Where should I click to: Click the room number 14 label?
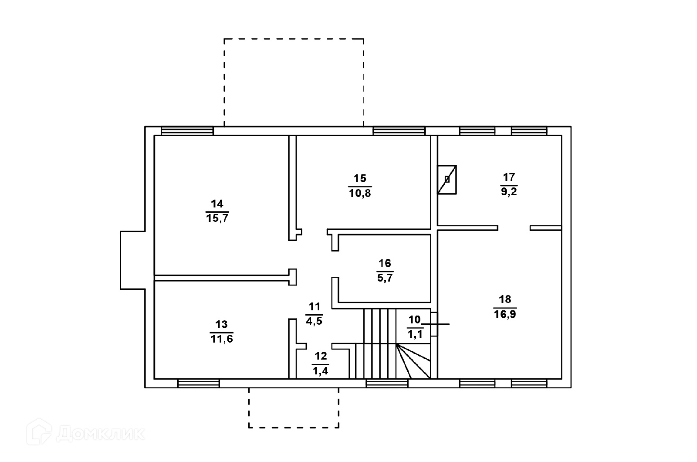(x=217, y=204)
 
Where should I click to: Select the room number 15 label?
(x=360, y=178)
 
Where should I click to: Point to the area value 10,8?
(x=360, y=193)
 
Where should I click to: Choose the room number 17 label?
(x=509, y=177)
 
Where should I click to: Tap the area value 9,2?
(x=509, y=192)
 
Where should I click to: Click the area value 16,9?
(x=505, y=314)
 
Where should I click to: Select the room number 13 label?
(x=221, y=324)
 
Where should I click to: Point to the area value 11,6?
(x=221, y=339)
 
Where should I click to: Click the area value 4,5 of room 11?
(x=314, y=322)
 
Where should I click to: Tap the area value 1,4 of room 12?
(x=320, y=371)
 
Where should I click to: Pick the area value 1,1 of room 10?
(x=414, y=335)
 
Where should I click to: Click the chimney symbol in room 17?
(x=447, y=179)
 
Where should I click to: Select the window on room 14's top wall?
(x=187, y=131)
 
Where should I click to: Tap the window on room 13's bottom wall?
(x=199, y=383)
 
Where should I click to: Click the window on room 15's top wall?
(x=399, y=131)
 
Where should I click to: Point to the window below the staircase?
(x=387, y=383)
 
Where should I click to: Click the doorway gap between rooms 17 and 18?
(x=514, y=228)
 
